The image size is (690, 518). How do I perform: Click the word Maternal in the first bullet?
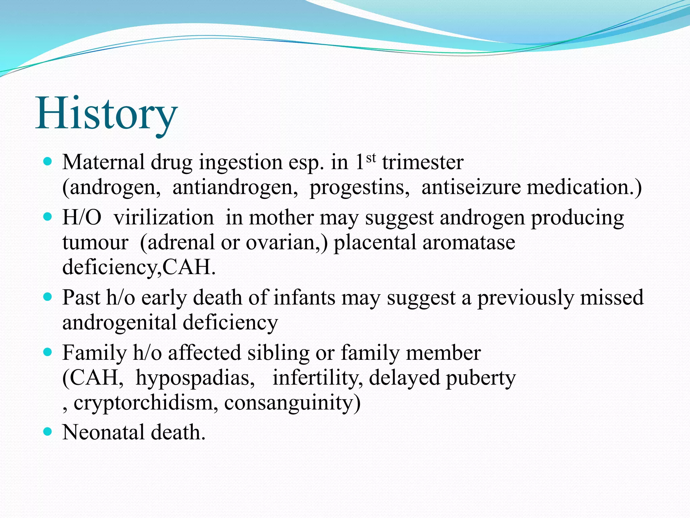[103, 162]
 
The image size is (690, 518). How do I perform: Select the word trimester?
[422, 163]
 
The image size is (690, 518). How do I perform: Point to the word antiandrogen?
[235, 188]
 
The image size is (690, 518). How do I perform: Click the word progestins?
[359, 188]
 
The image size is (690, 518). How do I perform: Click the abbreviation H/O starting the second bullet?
[82, 218]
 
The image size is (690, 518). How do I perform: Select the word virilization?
[164, 218]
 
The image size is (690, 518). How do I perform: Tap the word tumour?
[95, 242]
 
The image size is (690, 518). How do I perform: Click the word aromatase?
[469, 242]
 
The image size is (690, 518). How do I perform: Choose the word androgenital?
[119, 323]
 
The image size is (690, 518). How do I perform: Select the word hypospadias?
[195, 378]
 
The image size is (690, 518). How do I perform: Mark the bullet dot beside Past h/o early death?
[48, 297]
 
